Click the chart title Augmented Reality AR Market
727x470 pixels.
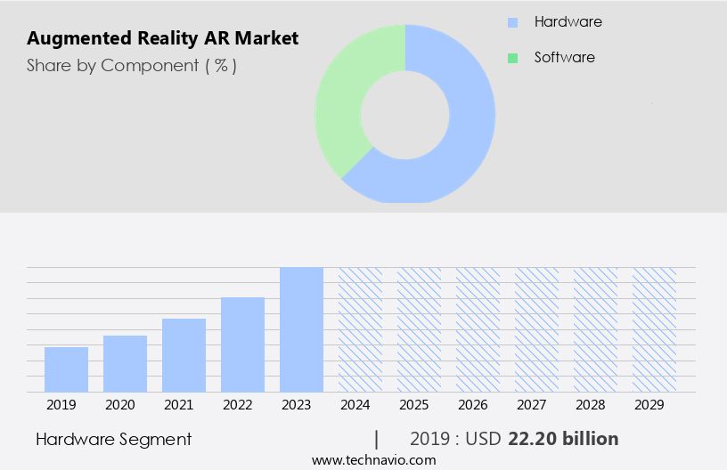pos(163,38)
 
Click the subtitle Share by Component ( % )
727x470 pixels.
pos(132,65)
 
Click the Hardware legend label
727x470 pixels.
pos(568,21)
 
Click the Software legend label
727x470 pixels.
pos(564,57)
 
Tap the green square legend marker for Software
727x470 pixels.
pos(512,58)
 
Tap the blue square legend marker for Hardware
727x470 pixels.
pos(512,22)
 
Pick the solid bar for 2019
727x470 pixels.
pos(66,369)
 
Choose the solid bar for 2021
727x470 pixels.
pos(184,355)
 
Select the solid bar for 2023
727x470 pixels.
pos(301,329)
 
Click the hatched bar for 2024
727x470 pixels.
pos(360,329)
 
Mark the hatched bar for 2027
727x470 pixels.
pos(536,329)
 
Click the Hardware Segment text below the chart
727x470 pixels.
pos(113,439)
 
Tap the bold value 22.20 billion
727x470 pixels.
pos(563,439)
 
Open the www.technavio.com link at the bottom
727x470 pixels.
pos(374,460)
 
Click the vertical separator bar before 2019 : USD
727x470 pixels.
pos(377,439)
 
